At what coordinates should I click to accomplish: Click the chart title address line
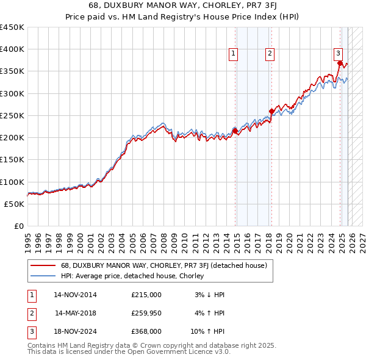tap(183, 7)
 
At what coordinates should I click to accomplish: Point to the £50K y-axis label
tap(14, 204)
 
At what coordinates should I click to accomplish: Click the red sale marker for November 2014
tap(235, 131)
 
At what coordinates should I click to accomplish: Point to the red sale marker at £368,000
tap(340, 63)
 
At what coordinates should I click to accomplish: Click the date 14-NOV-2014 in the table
tap(75, 295)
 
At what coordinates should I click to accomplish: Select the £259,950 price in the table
tap(146, 313)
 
